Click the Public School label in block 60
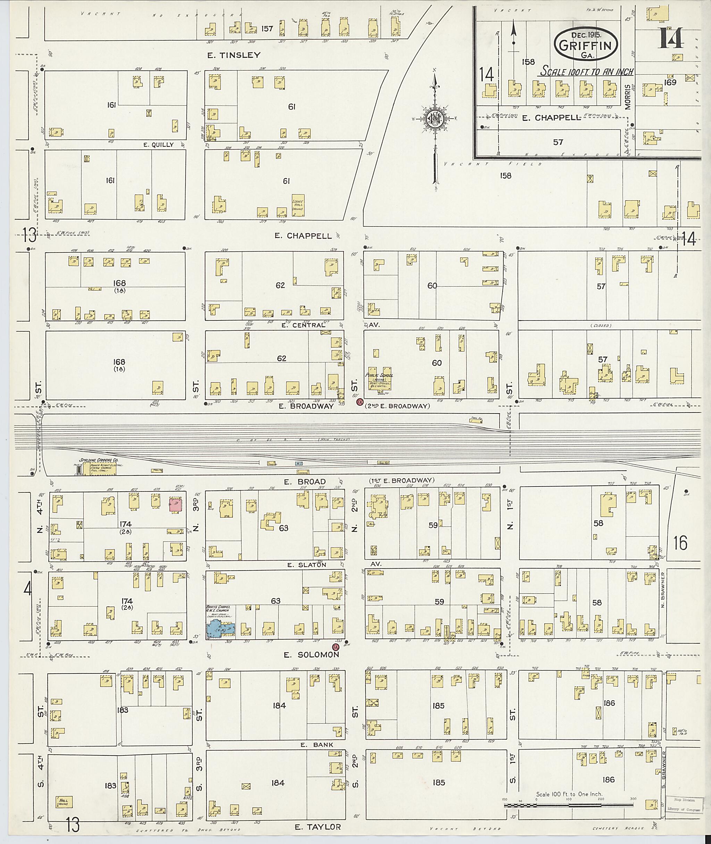(378, 375)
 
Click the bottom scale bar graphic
(568, 805)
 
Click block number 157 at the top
(267, 29)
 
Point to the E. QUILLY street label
(159, 145)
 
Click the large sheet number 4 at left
(27, 590)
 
